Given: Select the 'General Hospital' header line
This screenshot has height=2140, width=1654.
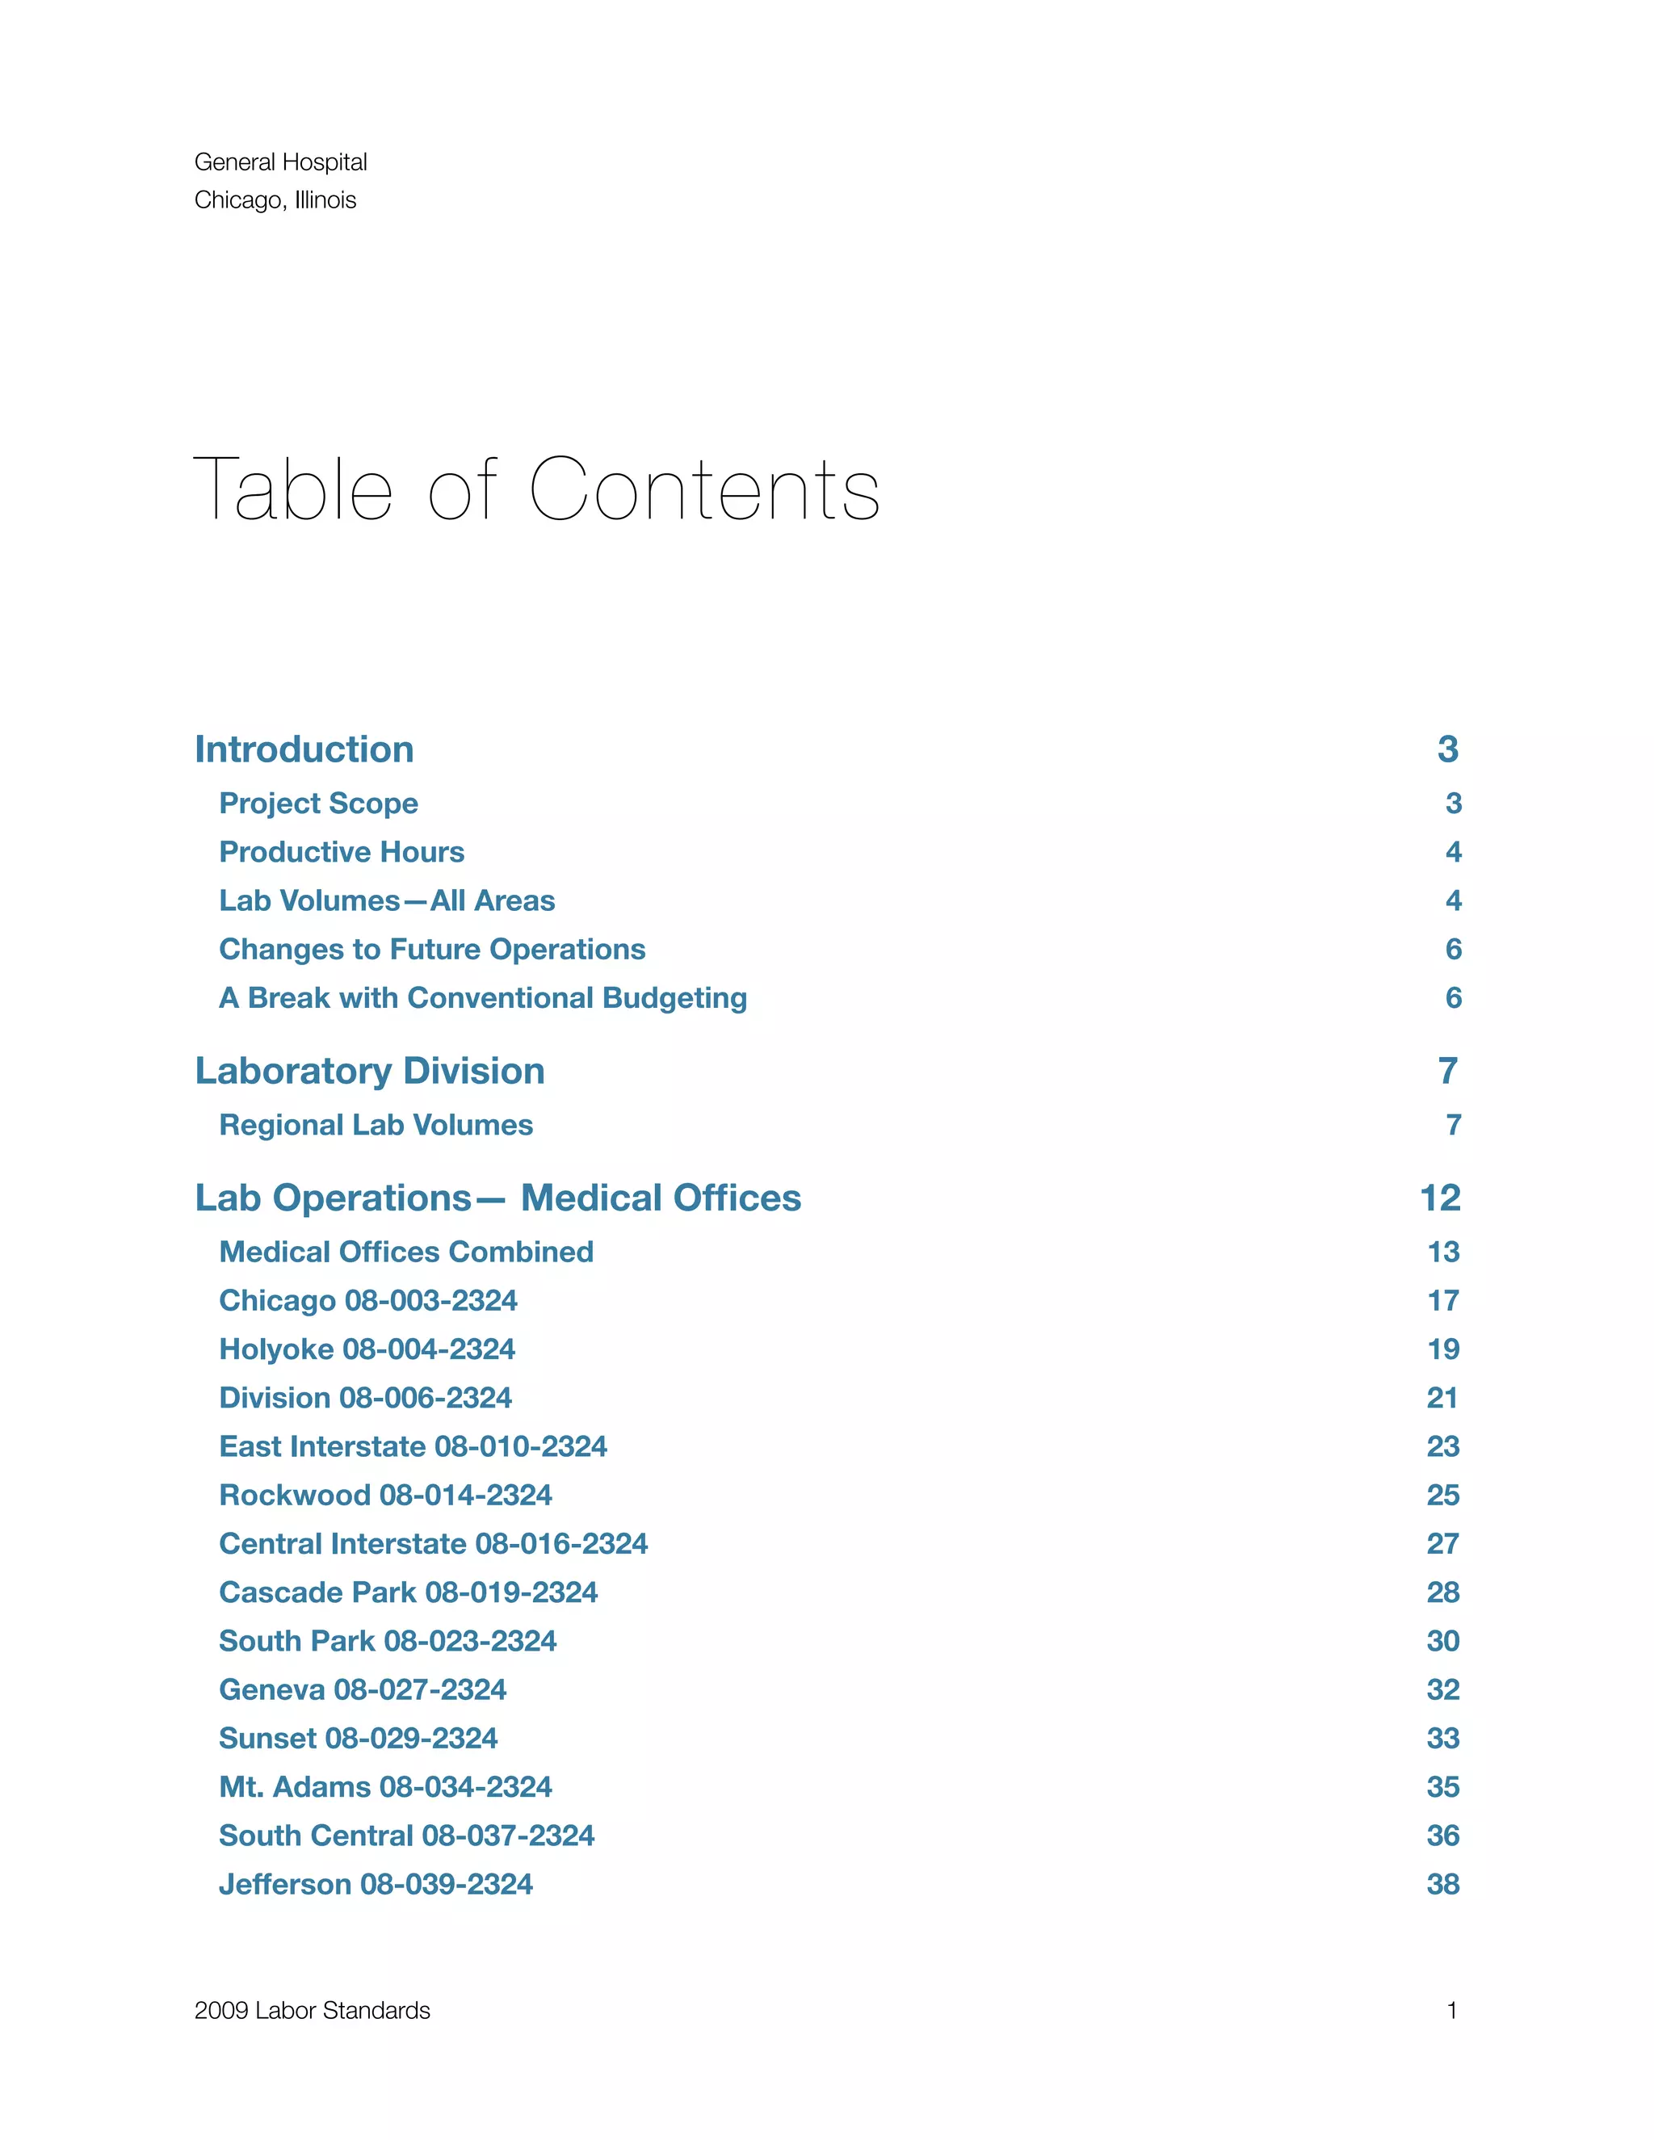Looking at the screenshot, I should coord(280,162).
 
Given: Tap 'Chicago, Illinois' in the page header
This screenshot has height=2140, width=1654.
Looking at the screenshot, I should coord(275,200).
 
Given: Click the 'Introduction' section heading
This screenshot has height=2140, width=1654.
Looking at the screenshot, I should coord(304,749).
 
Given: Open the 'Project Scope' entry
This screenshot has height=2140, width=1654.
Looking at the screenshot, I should coord(318,804).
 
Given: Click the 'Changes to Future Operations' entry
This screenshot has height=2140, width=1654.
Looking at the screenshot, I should coord(432,949).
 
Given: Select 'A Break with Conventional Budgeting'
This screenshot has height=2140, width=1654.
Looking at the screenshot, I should coord(483,997).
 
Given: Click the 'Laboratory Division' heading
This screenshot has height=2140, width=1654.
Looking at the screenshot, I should coord(369,1071).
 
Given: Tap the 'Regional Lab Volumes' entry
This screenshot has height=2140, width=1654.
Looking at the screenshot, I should coord(376,1125).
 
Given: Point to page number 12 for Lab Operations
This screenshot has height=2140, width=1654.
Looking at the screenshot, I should coord(1439,1198).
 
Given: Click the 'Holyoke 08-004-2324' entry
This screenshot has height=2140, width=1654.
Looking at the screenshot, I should coord(367,1349).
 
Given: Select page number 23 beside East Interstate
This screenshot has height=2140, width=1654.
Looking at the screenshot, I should coord(1442,1446).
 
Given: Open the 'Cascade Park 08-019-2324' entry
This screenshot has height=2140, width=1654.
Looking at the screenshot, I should coord(408,1592).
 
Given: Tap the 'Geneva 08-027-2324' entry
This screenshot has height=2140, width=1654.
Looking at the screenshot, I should coord(363,1689).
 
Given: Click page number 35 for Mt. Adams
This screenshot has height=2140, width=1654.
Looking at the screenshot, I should coord(1442,1786).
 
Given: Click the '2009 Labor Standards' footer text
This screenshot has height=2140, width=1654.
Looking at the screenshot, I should coord(312,2011).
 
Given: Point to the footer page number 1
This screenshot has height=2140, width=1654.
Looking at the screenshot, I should coord(1451,2011).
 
